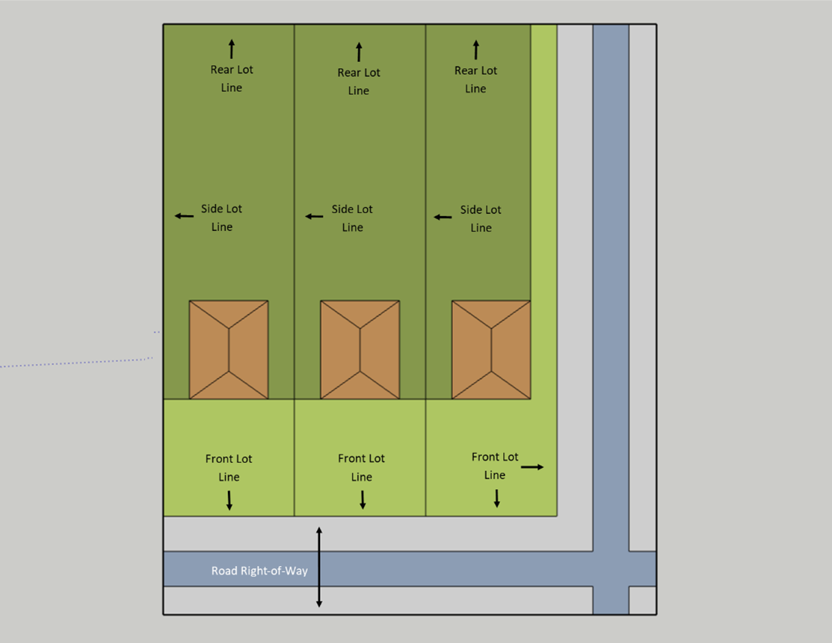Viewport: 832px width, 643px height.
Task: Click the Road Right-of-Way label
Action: [259, 571]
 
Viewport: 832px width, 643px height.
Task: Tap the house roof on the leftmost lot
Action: [229, 350]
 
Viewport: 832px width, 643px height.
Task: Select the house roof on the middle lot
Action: [360, 350]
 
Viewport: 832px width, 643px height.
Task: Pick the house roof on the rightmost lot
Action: [491, 350]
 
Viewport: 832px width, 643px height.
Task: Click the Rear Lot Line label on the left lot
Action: [232, 79]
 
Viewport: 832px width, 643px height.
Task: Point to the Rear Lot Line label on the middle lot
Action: [359, 81]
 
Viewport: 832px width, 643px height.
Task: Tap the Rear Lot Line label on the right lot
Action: [475, 79]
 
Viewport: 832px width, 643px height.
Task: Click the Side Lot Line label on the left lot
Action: [222, 218]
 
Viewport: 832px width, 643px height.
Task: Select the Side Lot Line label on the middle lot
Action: [352, 218]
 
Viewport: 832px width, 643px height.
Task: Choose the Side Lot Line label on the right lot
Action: [481, 218]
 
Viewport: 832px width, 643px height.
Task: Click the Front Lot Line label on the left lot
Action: [229, 467]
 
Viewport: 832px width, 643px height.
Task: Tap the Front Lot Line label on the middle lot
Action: [361, 467]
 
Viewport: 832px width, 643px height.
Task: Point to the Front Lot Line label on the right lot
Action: [495, 465]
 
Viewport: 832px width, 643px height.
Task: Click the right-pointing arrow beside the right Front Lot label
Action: [532, 467]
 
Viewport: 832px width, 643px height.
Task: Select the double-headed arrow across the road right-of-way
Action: [319, 567]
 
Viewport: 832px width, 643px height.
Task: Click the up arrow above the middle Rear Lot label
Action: [359, 52]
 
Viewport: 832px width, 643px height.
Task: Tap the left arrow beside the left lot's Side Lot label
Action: [184, 216]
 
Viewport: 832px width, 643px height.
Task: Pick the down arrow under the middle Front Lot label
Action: [363, 499]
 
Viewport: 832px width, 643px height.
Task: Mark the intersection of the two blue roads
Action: [611, 569]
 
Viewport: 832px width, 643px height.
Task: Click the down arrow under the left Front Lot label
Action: [229, 500]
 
